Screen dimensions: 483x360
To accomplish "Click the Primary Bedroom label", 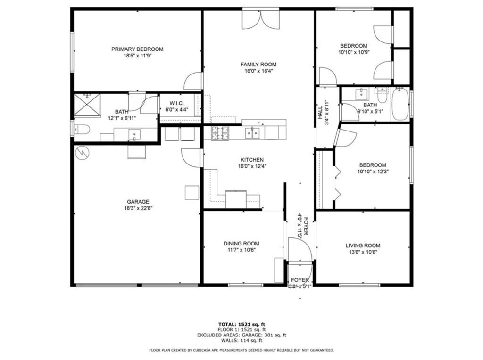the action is [x=137, y=49].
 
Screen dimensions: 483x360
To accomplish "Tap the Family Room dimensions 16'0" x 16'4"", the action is [x=259, y=71].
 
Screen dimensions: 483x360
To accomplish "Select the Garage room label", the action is [x=138, y=202].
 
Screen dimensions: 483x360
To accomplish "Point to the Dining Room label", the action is [x=241, y=244].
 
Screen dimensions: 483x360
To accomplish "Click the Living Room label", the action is [x=363, y=245].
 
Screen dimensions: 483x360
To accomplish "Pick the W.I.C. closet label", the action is [x=176, y=103].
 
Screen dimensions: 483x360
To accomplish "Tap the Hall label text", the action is [x=320, y=113].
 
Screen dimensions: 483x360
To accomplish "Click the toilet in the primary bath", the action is [x=82, y=130].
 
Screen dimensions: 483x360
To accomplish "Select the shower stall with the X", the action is [x=87, y=105].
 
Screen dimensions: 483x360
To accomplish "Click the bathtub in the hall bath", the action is [x=400, y=104].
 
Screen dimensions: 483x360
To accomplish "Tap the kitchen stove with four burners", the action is [x=220, y=133].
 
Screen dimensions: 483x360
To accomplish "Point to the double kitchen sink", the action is [x=253, y=133].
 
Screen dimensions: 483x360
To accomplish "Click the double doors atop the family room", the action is [x=261, y=20].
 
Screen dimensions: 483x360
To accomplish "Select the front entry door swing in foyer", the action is [x=300, y=249].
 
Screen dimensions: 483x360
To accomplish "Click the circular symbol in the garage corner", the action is [x=82, y=152].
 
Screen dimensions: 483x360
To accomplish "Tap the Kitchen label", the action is [x=252, y=160].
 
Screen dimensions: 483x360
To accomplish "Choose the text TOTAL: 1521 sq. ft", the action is [x=241, y=324].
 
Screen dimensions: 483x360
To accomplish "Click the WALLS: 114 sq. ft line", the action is [x=241, y=340].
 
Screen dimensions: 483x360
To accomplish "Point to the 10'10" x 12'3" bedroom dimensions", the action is [x=373, y=172].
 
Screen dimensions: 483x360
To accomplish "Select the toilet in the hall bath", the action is [x=382, y=96].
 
